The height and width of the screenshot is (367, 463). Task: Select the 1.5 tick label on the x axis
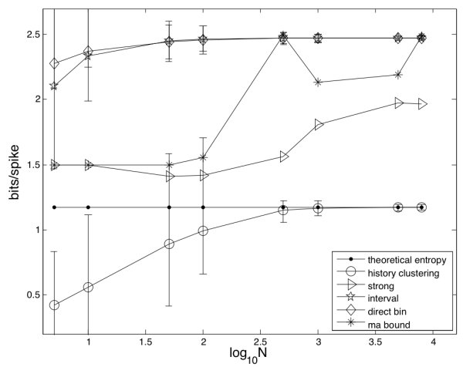146,340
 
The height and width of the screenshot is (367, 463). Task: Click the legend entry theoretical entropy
395,258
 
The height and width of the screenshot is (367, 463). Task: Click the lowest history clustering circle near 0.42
54,305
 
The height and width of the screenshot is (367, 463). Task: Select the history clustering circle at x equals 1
88,287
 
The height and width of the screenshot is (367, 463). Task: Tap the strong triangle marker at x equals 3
319,125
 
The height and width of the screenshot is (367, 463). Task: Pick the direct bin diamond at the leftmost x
54,63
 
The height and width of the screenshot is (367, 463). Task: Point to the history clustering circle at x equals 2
203,231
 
